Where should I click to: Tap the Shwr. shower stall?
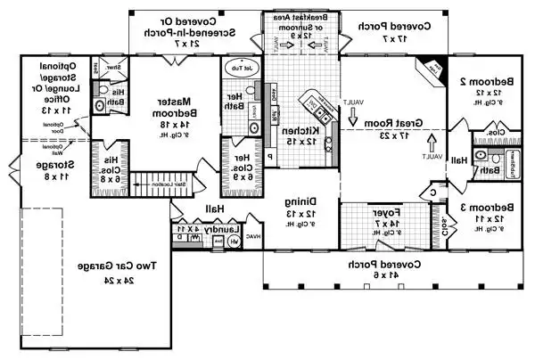pyautogui.click(x=115, y=68)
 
